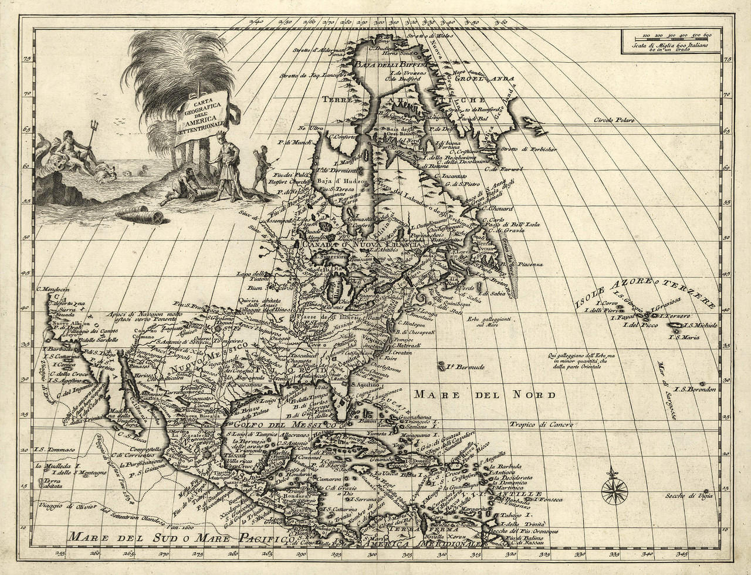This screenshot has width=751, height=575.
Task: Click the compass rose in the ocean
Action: pyautogui.click(x=614, y=485)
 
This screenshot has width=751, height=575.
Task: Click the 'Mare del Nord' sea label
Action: pyautogui.click(x=485, y=394)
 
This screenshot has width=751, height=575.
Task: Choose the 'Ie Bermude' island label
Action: pyautogui.click(x=464, y=367)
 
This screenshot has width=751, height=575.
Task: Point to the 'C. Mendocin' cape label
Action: pyautogui.click(x=53, y=289)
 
